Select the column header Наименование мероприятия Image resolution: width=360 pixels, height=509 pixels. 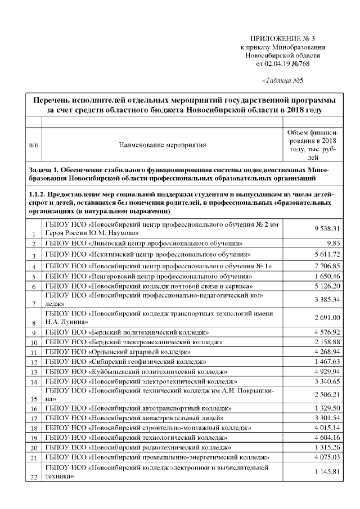pos(163,145)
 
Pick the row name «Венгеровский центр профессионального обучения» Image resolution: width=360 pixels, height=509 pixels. pos(148,277)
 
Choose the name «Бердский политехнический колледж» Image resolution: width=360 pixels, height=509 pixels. pos(127,333)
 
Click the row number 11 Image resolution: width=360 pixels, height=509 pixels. pos(34,352)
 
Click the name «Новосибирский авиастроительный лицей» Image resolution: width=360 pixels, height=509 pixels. pos(134,418)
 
